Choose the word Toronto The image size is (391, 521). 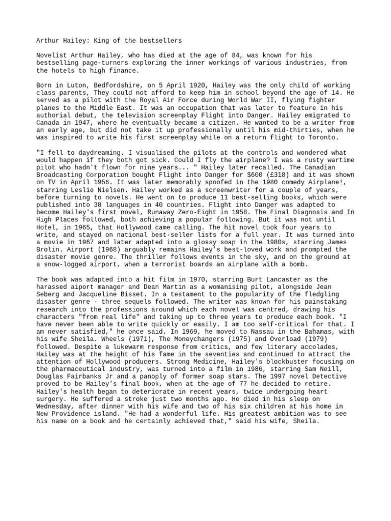pyautogui.click(x=325, y=138)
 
